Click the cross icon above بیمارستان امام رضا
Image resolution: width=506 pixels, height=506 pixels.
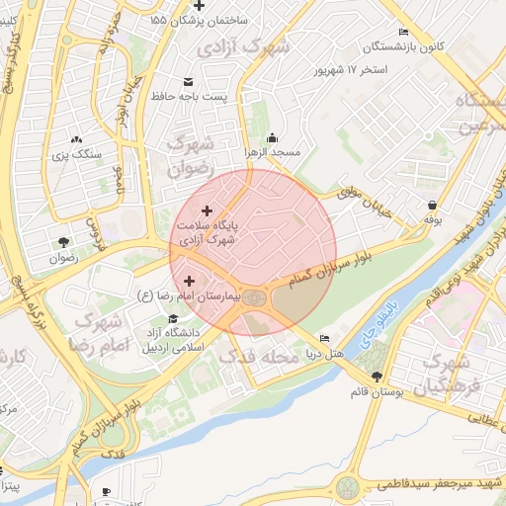pyautogui.click(x=189, y=282)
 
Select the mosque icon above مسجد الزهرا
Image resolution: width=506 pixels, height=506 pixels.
pyautogui.click(x=272, y=138)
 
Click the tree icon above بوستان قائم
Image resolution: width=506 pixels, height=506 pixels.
pyautogui.click(x=377, y=376)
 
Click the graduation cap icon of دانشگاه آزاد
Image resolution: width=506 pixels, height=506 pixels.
pyautogui.click(x=174, y=319)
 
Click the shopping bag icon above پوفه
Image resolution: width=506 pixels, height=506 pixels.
pyautogui.click(x=432, y=204)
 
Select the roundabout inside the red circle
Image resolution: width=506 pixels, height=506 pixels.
pyautogui.click(x=255, y=297)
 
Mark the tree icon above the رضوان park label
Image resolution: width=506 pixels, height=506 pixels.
pyautogui.click(x=64, y=242)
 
